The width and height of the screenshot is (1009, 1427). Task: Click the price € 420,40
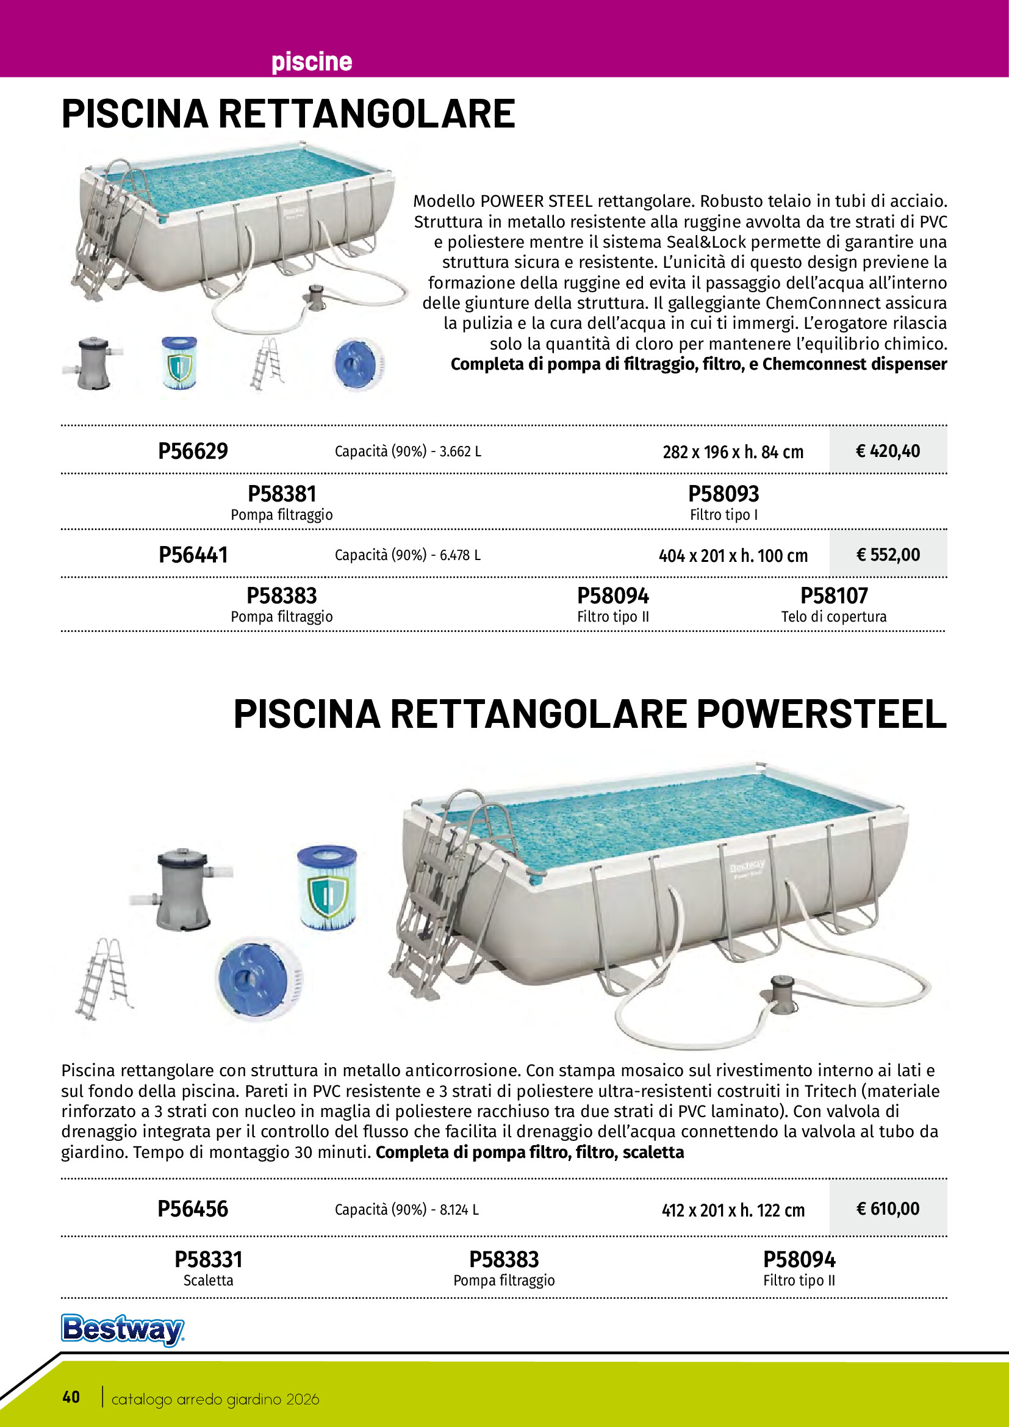(x=887, y=451)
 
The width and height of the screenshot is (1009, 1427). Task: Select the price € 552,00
(x=887, y=555)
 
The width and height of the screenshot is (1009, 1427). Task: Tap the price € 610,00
(x=887, y=1208)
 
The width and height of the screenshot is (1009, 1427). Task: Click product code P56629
(x=193, y=451)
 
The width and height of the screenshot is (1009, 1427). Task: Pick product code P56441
(x=193, y=555)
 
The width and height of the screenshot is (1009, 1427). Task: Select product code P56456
(x=193, y=1208)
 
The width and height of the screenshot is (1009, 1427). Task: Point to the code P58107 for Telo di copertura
(x=833, y=595)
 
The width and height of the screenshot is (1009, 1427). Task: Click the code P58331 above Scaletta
(x=208, y=1259)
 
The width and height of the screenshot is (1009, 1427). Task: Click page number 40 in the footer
(x=71, y=1397)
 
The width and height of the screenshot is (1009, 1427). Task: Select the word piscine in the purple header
(x=311, y=62)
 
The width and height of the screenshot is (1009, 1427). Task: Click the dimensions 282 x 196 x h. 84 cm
(x=733, y=452)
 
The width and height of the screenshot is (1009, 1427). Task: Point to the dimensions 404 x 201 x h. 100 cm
(x=733, y=556)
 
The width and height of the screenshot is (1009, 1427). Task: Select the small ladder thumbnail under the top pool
(x=267, y=364)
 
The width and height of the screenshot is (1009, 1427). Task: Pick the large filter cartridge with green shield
(x=327, y=887)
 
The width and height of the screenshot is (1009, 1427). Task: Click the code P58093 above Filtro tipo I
(x=724, y=494)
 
